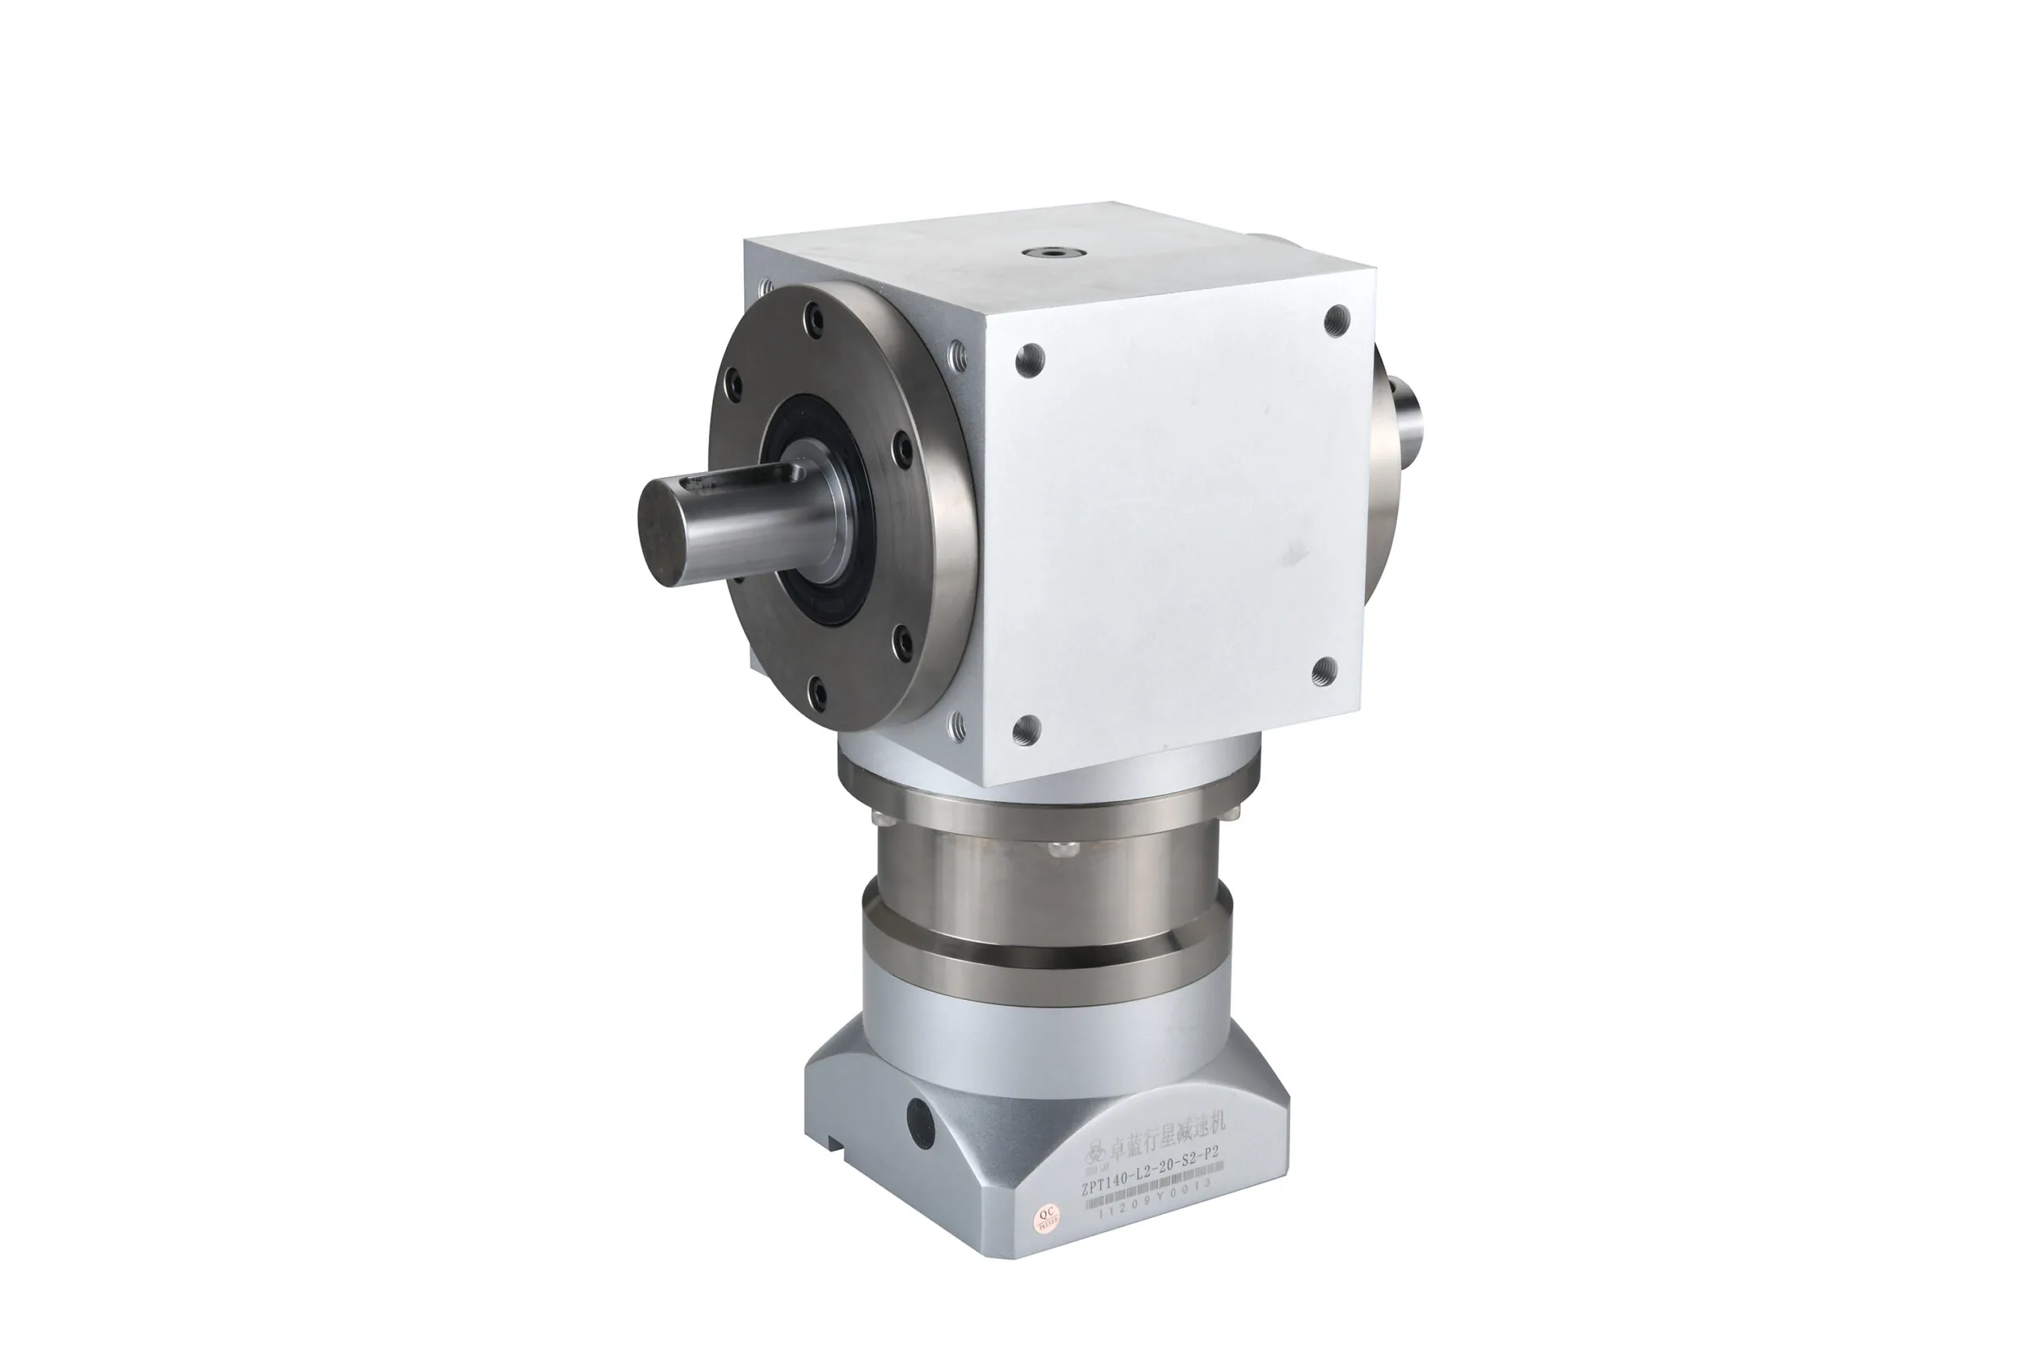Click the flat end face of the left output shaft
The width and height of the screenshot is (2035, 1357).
coord(662,535)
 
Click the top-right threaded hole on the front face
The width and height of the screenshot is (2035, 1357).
coord(1338,320)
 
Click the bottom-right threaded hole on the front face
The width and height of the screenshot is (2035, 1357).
coord(1324,672)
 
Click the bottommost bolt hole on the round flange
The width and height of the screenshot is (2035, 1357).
coord(816,690)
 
